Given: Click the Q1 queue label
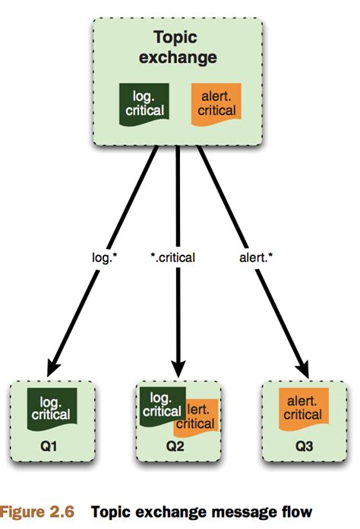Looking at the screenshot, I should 54,440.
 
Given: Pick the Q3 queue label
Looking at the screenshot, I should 302,440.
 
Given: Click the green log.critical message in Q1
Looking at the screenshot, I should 52,407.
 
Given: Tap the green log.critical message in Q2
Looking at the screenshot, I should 163,404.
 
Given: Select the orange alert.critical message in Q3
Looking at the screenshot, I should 302,407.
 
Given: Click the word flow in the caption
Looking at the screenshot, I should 296,511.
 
